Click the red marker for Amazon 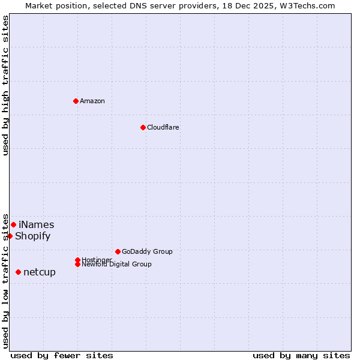pyautogui.click(x=76, y=101)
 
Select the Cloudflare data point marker pyautogui.click(x=143, y=127)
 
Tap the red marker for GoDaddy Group pyautogui.click(x=118, y=251)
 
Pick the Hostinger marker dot pyautogui.click(x=77, y=260)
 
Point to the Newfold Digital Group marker pyautogui.click(x=77, y=265)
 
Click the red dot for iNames pyautogui.click(x=13, y=224)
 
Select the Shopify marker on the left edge pyautogui.click(x=10, y=236)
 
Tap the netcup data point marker pyautogui.click(x=18, y=272)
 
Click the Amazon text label pyautogui.click(x=92, y=101)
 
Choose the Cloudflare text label pyautogui.click(x=163, y=127)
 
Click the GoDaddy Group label pyautogui.click(x=147, y=251)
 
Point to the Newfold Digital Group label pyautogui.click(x=117, y=265)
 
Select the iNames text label pyautogui.click(x=36, y=225)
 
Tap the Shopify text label pyautogui.click(x=33, y=236)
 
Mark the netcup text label pyautogui.click(x=40, y=272)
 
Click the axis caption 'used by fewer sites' pyautogui.click(x=62, y=355)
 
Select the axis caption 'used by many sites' pyautogui.click(x=301, y=355)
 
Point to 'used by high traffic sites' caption pyautogui.click(x=5, y=85)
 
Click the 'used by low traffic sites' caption pyautogui.click(x=5, y=281)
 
